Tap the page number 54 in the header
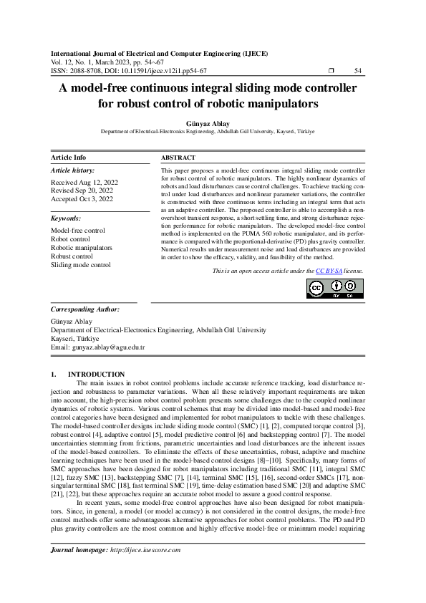click(358, 71)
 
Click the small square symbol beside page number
click(331, 71)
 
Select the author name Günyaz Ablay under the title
click(213, 123)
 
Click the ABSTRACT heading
click(178, 158)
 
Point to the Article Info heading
click(68, 158)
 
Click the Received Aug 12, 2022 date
click(82, 183)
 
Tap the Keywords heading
click(66, 218)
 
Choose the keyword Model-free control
click(77, 231)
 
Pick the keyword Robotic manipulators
click(81, 248)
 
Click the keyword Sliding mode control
click(81, 265)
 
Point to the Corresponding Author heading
click(85, 309)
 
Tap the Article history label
click(72, 170)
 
